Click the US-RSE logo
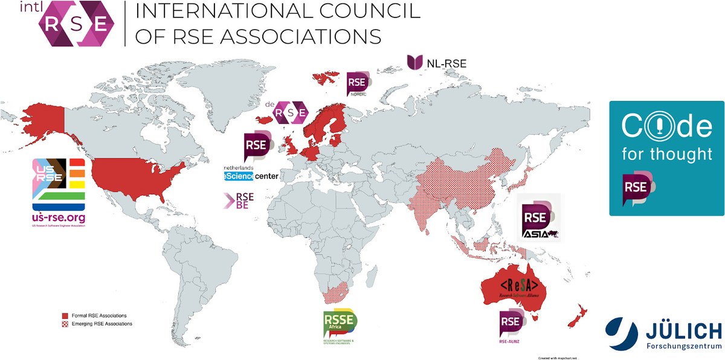[60, 190]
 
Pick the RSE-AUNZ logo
[510, 326]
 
